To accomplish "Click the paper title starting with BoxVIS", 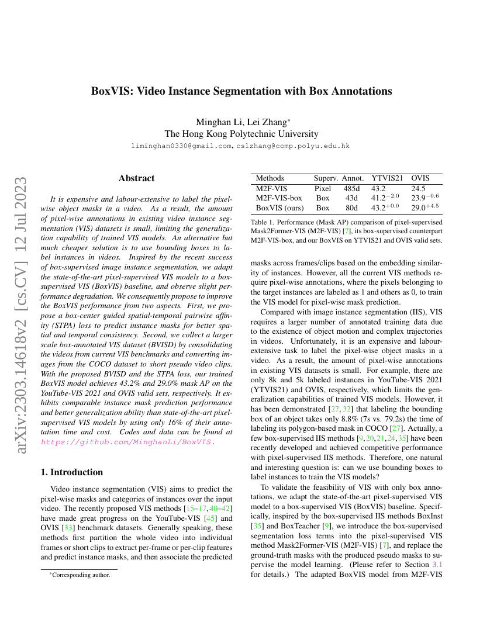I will point(241,91).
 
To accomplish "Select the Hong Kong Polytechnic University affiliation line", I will point(241,134).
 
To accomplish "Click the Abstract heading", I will point(136,178).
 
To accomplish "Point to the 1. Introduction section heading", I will point(71,472).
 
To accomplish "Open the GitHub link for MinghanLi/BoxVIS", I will point(126,443).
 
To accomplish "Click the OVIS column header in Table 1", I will point(420,178).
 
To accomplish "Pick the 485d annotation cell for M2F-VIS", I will point(352,189).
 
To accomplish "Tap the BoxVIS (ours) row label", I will point(279,208).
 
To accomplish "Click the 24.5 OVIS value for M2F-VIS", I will point(418,189).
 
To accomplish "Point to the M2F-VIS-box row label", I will point(279,198).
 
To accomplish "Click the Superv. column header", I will point(325,178).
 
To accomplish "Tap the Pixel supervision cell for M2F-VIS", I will point(323,189).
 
